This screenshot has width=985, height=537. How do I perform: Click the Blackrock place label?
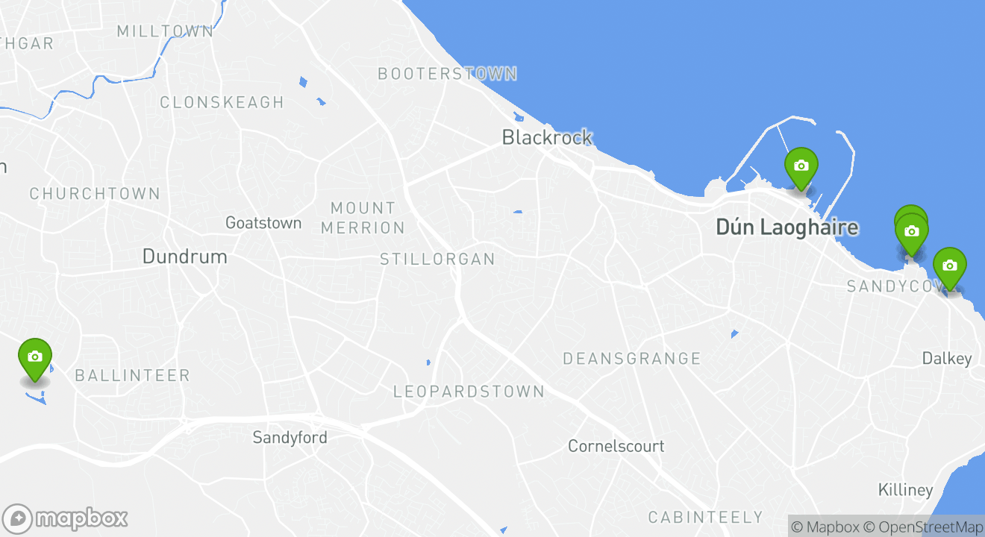[x=547, y=137]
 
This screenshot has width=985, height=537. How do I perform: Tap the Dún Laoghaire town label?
[x=787, y=227]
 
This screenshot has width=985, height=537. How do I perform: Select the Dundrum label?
[x=184, y=257]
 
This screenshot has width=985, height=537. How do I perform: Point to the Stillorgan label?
[x=437, y=260]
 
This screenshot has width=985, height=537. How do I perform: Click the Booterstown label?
[x=447, y=74]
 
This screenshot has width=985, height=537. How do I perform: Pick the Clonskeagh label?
[x=222, y=102]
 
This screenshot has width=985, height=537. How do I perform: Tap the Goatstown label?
[x=263, y=223]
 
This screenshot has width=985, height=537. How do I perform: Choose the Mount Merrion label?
[x=363, y=218]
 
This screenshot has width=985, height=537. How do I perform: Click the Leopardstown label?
[x=469, y=392]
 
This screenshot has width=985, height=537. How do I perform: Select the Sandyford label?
[x=290, y=437]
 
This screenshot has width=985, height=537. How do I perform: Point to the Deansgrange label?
[x=631, y=359]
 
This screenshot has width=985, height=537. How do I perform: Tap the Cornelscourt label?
[x=616, y=446]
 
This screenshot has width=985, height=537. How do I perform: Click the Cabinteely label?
[x=705, y=517]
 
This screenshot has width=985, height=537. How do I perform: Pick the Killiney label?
[x=905, y=490]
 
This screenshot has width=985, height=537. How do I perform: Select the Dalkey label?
[x=946, y=359]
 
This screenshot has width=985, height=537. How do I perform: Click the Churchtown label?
[x=95, y=194]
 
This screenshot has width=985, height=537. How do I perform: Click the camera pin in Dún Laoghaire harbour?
[x=801, y=167]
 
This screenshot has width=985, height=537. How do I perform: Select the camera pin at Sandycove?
[x=949, y=267]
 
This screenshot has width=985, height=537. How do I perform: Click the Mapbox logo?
[x=65, y=518]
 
